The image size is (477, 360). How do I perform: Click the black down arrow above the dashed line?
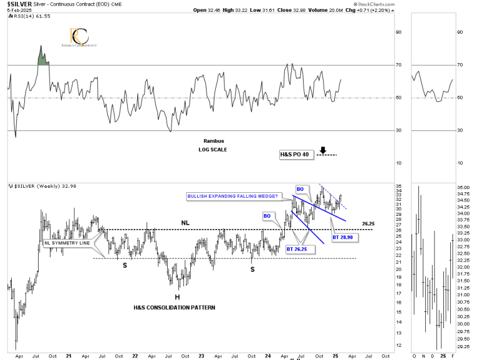coord(323,150)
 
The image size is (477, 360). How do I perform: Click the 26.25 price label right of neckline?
coord(367,223)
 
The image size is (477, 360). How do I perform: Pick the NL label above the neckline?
coord(185,222)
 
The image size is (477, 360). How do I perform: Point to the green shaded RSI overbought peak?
coord(42,57)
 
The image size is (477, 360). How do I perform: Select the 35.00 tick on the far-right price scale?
coord(463,187)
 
